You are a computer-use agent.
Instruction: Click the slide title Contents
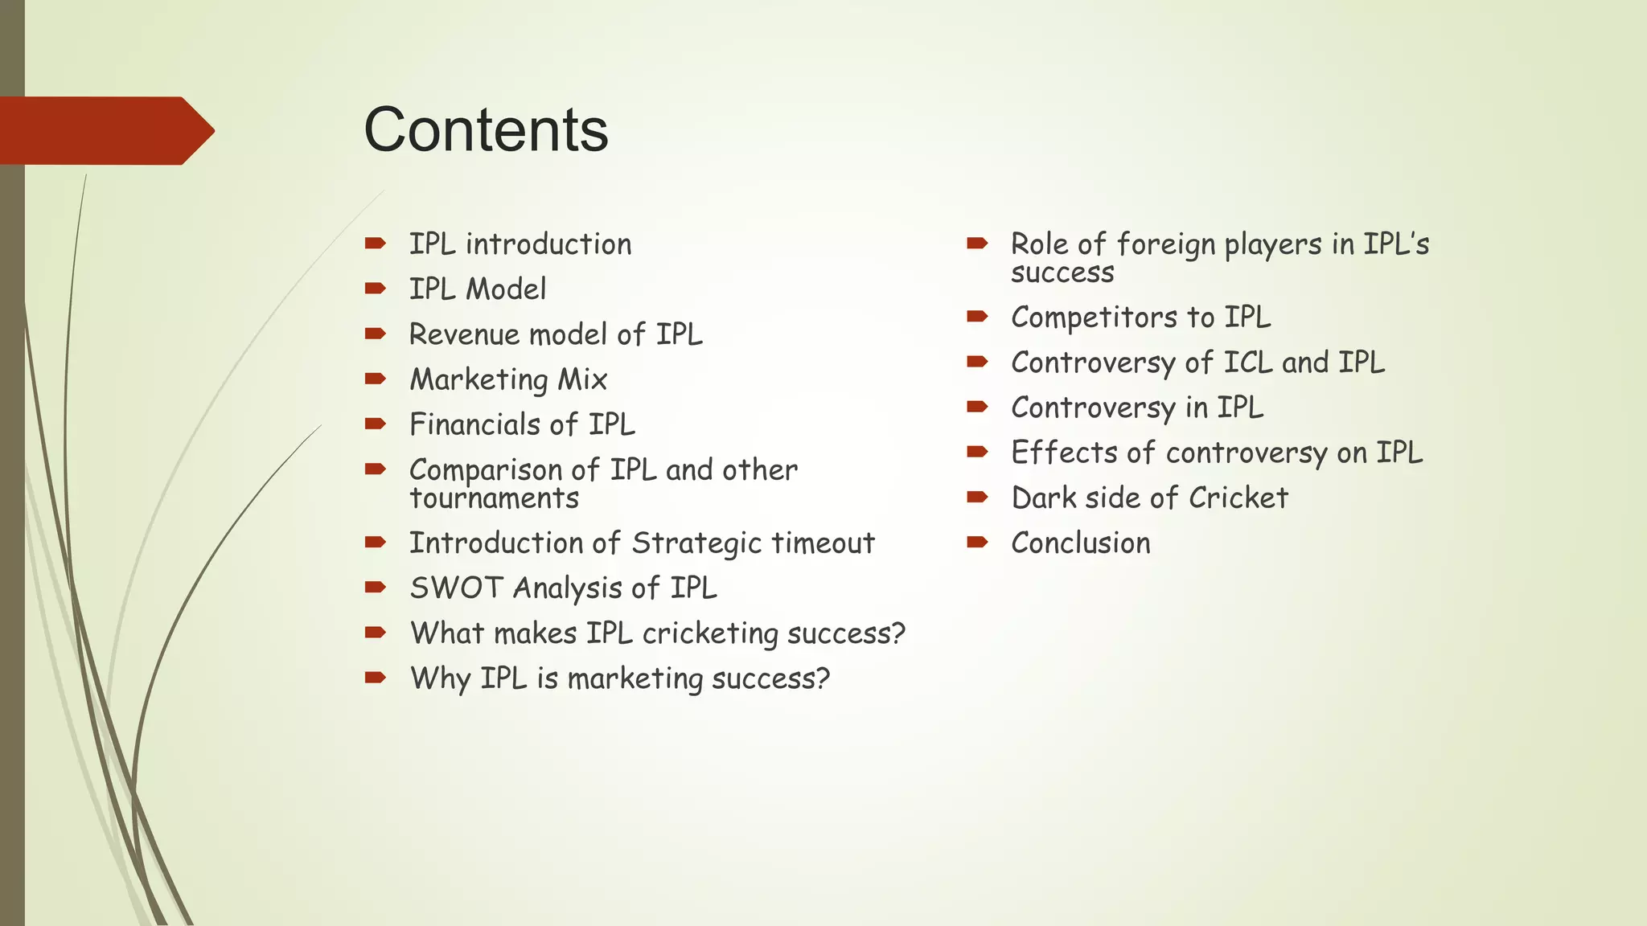pos(486,129)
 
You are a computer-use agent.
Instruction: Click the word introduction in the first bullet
pos(548,244)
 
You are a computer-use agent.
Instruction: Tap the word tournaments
pos(494,498)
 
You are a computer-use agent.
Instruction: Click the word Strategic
pos(696,543)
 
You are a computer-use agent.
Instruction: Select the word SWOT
pos(456,588)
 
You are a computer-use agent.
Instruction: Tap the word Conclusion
pos(1080,543)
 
